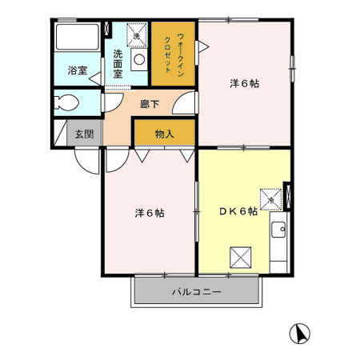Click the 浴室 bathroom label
click(77, 70)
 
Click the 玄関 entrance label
click(84, 133)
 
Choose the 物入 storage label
click(164, 134)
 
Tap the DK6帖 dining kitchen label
click(238, 211)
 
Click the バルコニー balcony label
click(197, 292)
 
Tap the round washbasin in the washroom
click(138, 59)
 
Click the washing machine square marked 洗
click(137, 36)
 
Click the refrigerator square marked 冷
click(270, 194)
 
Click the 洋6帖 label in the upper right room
click(246, 82)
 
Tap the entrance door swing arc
click(84, 156)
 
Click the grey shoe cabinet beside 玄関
click(61, 133)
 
